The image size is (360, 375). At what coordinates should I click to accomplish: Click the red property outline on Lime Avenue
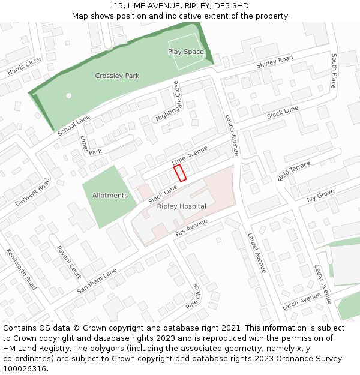pos(181,173)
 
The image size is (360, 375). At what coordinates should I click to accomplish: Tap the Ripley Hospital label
pos(181,206)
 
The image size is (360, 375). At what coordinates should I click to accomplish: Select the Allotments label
pos(110,196)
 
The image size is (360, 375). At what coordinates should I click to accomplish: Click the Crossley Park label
pos(117,76)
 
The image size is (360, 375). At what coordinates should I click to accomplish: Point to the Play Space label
pos(186,52)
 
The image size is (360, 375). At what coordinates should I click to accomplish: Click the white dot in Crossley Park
pos(69,95)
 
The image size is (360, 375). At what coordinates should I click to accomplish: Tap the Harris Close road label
pos(25,66)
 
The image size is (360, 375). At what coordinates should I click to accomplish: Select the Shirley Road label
pos(274,61)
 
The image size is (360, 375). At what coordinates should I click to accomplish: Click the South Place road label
pos(334,70)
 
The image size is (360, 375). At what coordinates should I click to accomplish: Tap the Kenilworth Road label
pos(22,269)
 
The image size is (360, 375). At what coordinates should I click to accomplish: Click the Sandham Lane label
pos(97,281)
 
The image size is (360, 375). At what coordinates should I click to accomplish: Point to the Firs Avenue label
pos(191,227)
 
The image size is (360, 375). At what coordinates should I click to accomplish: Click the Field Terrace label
pos(295,171)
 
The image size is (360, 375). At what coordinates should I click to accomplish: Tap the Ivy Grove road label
pos(320,196)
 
